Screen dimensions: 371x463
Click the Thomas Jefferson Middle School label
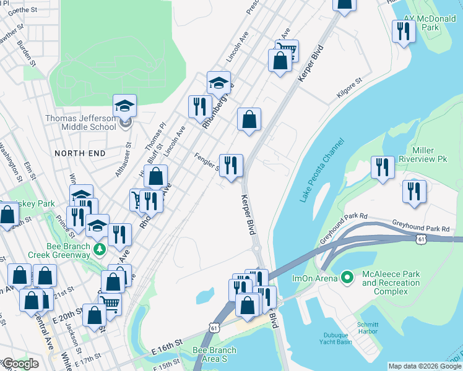click(x=80, y=122)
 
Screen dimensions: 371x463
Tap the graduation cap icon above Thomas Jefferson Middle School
click(x=124, y=106)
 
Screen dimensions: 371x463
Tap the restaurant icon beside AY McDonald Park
click(x=404, y=31)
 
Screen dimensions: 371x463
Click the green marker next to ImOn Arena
click(x=348, y=278)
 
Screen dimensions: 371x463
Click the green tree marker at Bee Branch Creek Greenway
click(x=99, y=249)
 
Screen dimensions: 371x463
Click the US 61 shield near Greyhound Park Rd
click(x=421, y=239)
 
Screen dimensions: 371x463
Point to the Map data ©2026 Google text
click(x=425, y=366)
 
